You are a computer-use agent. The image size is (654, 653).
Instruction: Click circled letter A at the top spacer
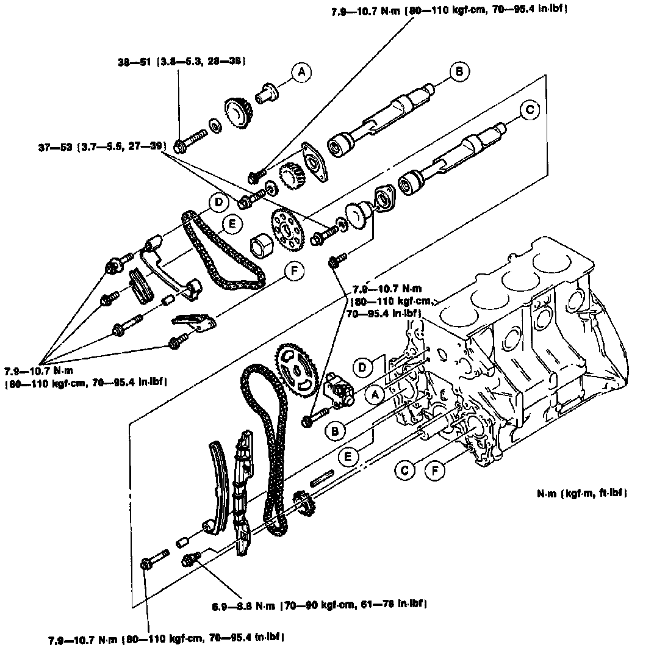(x=300, y=73)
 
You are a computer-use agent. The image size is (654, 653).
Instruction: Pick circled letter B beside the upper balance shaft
(x=458, y=72)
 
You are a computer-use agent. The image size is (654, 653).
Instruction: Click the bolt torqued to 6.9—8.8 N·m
(x=190, y=558)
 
